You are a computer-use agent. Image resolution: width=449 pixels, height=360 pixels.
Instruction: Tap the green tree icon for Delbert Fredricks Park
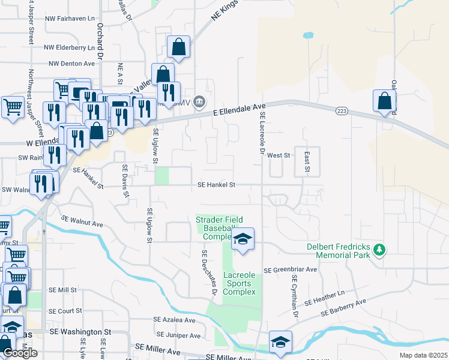coord(379,248)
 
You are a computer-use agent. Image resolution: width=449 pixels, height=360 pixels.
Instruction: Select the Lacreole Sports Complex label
coord(240,283)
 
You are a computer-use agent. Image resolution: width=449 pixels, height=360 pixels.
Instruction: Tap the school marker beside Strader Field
coord(243,239)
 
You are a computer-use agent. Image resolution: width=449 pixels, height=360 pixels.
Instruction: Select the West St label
coord(279,155)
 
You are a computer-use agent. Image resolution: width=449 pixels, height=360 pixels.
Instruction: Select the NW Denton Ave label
coord(71,63)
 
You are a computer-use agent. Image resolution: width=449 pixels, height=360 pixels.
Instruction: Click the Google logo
coord(20,353)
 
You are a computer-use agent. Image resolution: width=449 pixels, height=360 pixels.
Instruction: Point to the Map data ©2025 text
coord(423,355)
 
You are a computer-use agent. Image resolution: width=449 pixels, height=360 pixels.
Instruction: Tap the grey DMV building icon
coord(200,103)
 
